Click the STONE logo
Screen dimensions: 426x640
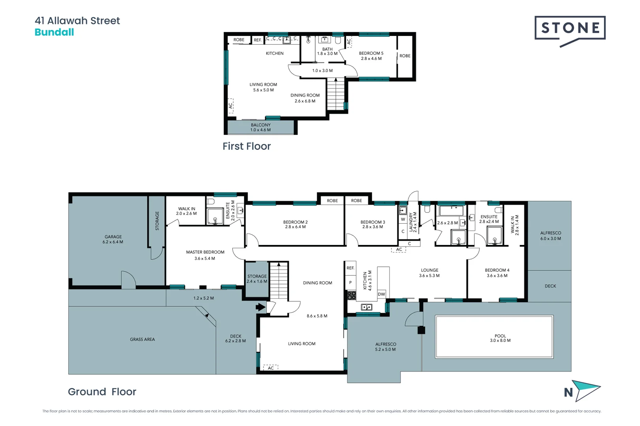pyautogui.click(x=570, y=29)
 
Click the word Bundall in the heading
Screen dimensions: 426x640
pyautogui.click(x=54, y=32)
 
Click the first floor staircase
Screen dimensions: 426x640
pyautogui.click(x=336, y=95)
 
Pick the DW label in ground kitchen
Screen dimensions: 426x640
pyautogui.click(x=381, y=294)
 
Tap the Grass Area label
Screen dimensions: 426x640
pyautogui.click(x=142, y=339)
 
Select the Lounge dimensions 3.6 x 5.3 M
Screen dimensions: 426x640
pyautogui.click(x=429, y=276)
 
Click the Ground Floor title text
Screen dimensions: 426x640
pyautogui.click(x=102, y=392)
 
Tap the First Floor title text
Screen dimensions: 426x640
pyautogui.click(x=247, y=146)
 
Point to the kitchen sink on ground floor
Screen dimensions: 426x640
pyautogui.click(x=366, y=307)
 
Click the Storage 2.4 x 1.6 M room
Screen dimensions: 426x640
pyautogui.click(x=257, y=279)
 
